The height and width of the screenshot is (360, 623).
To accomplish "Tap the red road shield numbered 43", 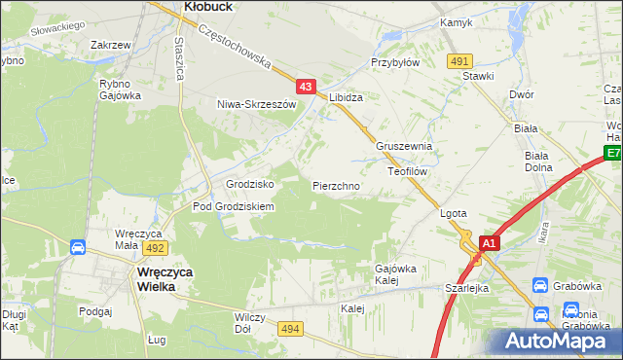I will pos(306,88).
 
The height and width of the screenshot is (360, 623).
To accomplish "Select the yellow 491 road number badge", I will pos(460,61).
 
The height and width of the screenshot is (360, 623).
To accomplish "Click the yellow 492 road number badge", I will pos(158,248).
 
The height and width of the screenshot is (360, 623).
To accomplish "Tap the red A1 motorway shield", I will pos(489,243).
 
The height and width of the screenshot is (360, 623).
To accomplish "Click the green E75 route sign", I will pos(613,153).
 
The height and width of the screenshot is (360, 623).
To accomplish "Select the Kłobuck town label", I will pos(205,7).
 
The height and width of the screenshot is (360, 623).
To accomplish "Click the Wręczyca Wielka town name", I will pos(162,280).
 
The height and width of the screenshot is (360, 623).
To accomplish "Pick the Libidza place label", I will pos(346,98).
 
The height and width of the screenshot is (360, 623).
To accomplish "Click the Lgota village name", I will pos(455,213).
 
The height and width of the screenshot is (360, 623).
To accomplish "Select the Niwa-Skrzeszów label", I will pos(256,103).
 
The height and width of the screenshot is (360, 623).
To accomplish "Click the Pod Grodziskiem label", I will pos(234,206).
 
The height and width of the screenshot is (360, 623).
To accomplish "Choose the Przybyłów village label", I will pos(394,61).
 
